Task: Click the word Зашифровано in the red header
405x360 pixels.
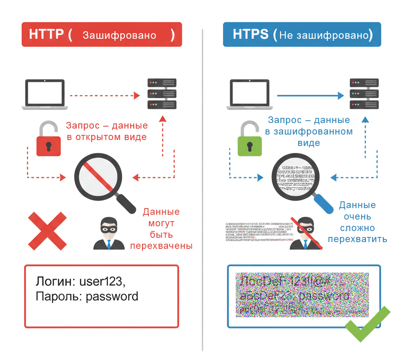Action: [119, 35]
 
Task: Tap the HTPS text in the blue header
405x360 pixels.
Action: [250, 34]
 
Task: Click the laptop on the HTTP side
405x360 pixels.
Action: [44, 94]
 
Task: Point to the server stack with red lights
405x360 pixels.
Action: [162, 94]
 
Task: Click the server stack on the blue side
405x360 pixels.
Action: [364, 94]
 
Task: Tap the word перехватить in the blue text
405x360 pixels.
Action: [357, 239]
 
